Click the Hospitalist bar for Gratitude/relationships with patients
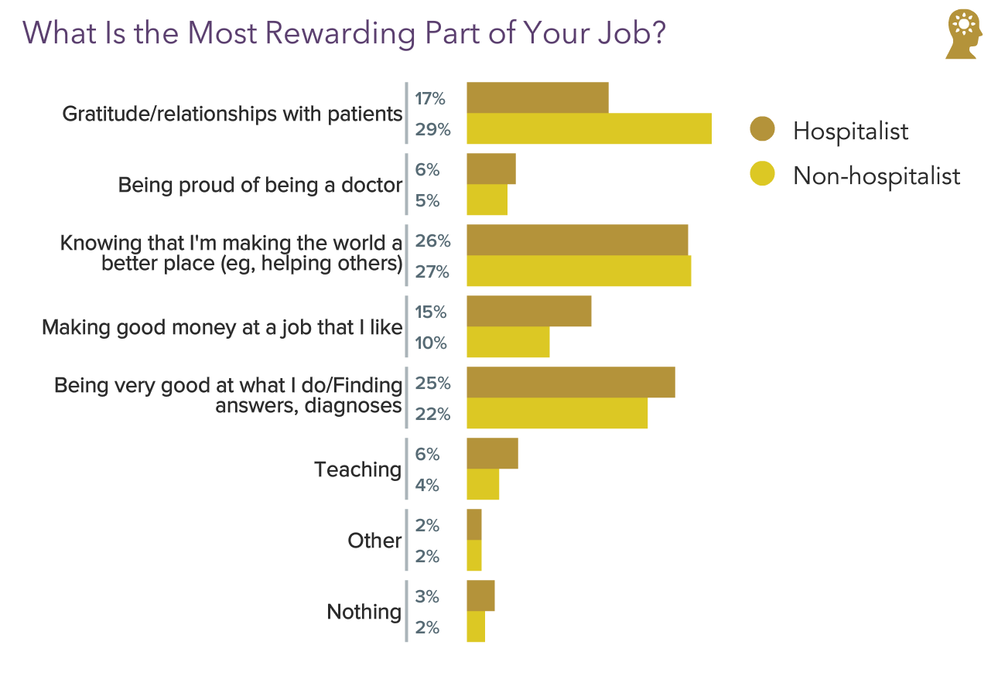pyautogui.click(x=537, y=97)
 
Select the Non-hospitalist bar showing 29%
pyautogui.click(x=589, y=128)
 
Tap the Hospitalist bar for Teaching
pyautogui.click(x=492, y=453)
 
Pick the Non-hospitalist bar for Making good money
pyautogui.click(x=508, y=342)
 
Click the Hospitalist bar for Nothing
pyautogui.click(x=480, y=595)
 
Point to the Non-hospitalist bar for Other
pyautogui.click(x=474, y=555)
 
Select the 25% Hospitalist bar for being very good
pyautogui.click(x=570, y=382)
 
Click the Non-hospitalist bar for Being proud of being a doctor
pyautogui.click(x=487, y=200)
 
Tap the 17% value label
pyautogui.click(x=430, y=99)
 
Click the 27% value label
pyautogui.click(x=432, y=272)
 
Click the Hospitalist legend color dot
pyautogui.click(x=762, y=130)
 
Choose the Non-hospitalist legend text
pyautogui.click(x=876, y=176)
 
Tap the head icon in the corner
pyautogui.click(x=964, y=34)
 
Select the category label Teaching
pyautogui.click(x=357, y=469)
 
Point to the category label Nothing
pyautogui.click(x=364, y=612)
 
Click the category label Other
pyautogui.click(x=374, y=541)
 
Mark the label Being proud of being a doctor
pyautogui.click(x=260, y=185)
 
